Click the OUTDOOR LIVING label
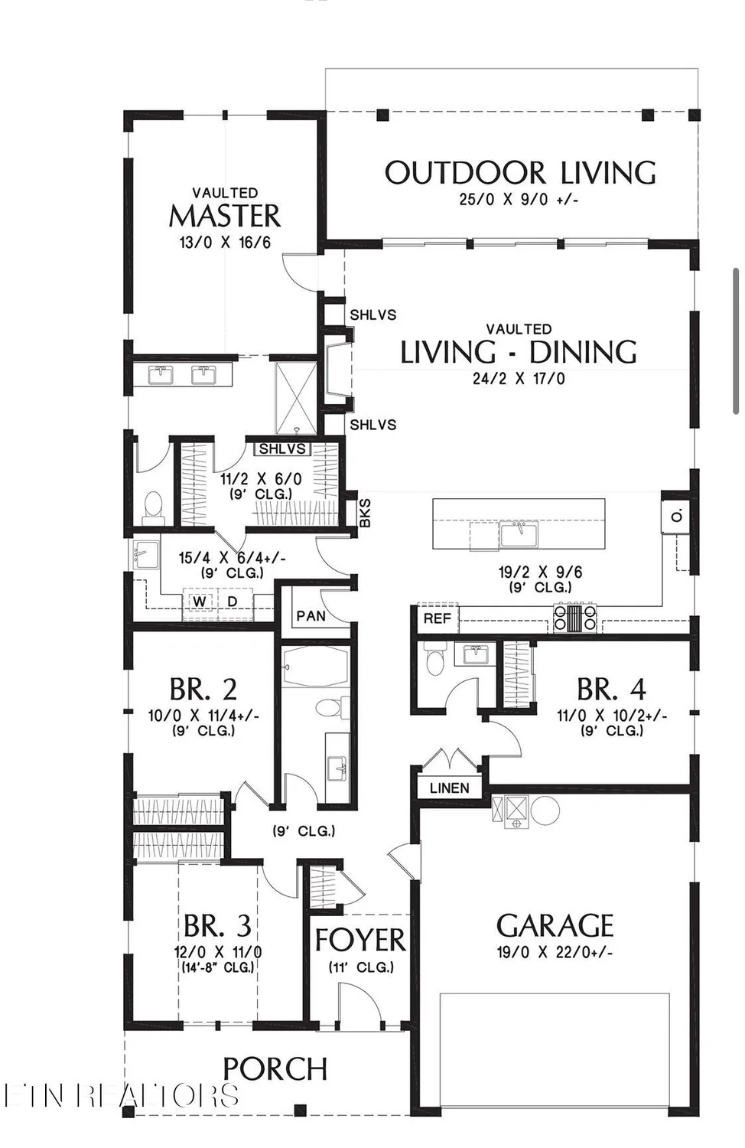coord(520,174)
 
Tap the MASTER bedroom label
coord(225,216)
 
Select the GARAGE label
coord(555,926)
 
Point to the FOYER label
coord(360,941)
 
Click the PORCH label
coord(275,1069)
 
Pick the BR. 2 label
coord(203,690)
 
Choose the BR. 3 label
coord(218,927)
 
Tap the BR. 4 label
coord(611,690)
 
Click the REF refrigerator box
coord(437,618)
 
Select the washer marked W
coord(200,602)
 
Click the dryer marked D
coord(233,602)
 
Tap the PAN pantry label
coord(311,616)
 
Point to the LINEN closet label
coord(449,788)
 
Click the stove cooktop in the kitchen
coord(575,618)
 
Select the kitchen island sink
coord(519,533)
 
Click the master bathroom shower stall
coord(295,399)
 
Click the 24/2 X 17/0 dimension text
coord(519,378)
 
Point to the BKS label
coord(365,513)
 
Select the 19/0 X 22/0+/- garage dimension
coord(555,953)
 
